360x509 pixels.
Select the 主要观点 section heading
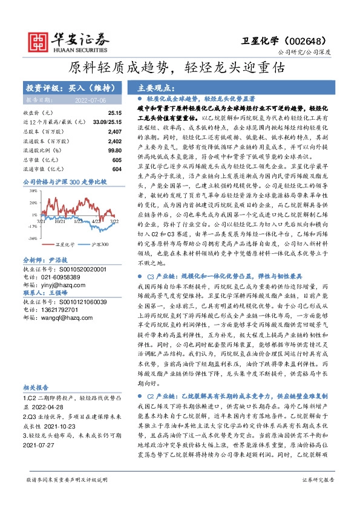(x=157, y=87)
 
